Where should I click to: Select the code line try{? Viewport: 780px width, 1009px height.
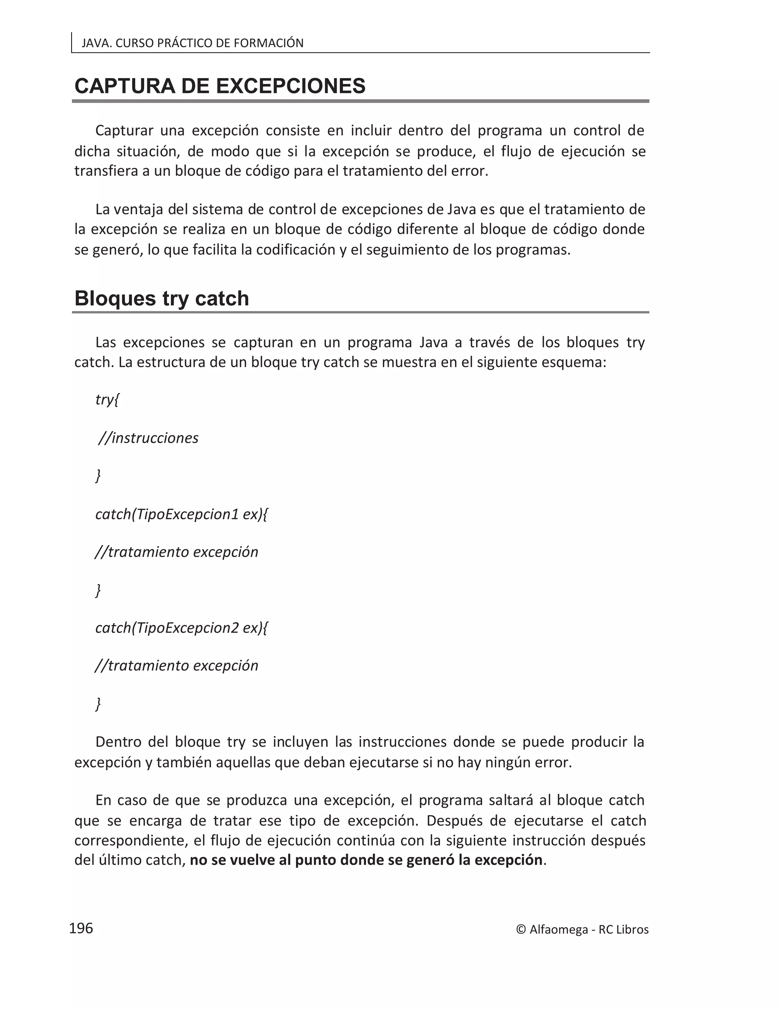click(x=107, y=400)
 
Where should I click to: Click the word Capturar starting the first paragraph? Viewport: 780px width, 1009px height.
click(x=124, y=131)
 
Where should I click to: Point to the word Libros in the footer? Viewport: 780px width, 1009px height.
click(x=632, y=929)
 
